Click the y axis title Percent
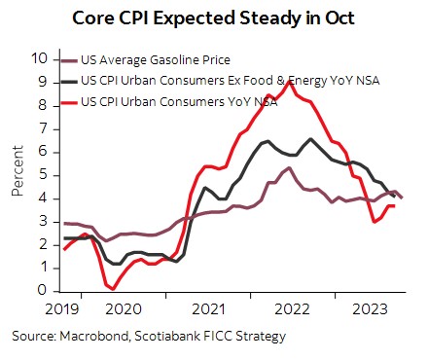pos(17,174)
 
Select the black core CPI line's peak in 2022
pos(309,138)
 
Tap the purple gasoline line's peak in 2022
pos(290,167)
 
